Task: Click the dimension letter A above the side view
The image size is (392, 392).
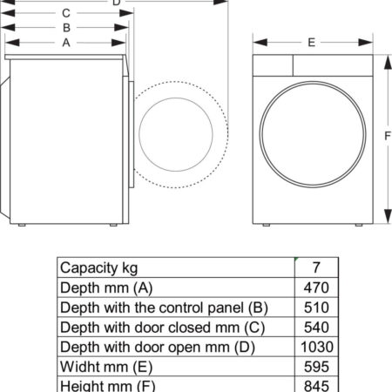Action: click(x=66, y=43)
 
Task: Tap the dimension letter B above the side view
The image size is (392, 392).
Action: click(x=66, y=28)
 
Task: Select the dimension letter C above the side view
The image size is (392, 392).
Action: click(x=66, y=13)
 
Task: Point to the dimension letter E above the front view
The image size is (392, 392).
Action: click(x=312, y=43)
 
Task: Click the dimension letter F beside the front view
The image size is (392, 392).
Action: click(x=388, y=136)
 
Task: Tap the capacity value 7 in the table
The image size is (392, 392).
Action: click(x=316, y=267)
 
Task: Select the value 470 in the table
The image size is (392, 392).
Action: click(x=316, y=287)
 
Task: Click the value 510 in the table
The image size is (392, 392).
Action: click(x=316, y=308)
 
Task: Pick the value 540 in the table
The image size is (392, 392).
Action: click(x=316, y=327)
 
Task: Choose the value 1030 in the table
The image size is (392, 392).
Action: click(x=317, y=347)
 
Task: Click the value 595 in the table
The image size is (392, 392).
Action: click(x=316, y=367)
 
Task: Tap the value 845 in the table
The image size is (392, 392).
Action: click(x=316, y=386)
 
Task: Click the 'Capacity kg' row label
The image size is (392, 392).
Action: click(x=98, y=268)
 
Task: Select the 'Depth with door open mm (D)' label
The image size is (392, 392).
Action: click(x=158, y=348)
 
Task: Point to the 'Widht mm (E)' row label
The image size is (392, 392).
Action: click(x=106, y=367)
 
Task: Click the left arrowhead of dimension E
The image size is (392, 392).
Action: click(x=260, y=43)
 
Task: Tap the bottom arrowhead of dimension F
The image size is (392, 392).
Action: click(x=388, y=216)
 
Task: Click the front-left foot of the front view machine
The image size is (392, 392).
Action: click(x=266, y=225)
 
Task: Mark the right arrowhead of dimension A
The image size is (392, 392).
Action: click(x=118, y=43)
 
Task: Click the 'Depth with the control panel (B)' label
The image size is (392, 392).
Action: click(x=164, y=308)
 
